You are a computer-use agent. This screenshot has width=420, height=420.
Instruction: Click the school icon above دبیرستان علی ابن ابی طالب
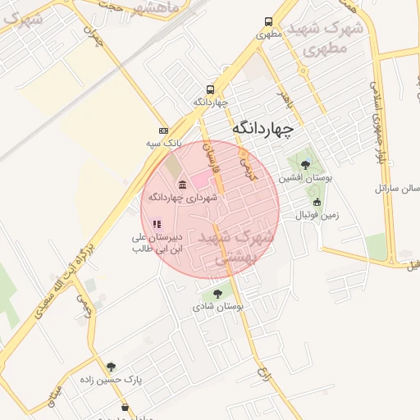coord(157,223)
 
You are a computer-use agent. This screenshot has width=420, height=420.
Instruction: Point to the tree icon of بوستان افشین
coord(306,164)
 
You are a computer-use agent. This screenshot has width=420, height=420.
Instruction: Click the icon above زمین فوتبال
coord(317,202)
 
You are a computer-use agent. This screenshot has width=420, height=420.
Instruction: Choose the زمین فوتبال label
coord(317,215)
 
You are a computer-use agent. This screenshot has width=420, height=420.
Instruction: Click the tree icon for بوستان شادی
coord(217,293)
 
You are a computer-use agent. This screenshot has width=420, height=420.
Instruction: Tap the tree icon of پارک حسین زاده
coord(112,367)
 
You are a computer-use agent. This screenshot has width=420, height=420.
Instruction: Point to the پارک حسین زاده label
coord(112,380)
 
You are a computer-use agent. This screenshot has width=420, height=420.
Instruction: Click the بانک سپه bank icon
coord(163,130)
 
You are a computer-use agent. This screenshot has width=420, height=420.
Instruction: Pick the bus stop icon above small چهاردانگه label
coord(211,89)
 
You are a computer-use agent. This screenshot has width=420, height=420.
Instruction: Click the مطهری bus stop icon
coord(268,22)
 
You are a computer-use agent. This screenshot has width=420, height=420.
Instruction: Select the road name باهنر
coord(285,101)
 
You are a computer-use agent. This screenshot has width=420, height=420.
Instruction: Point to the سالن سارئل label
coord(398,189)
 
